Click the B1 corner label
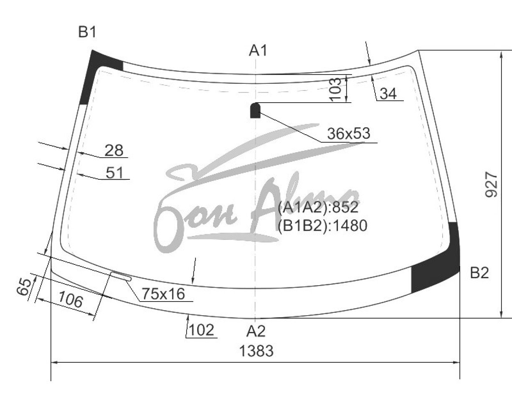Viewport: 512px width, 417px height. tap(87, 32)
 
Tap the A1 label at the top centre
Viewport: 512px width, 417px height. tap(258, 51)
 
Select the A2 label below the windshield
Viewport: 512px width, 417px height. tap(256, 331)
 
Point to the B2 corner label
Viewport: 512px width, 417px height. tap(479, 273)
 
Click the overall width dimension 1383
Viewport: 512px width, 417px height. tap(256, 351)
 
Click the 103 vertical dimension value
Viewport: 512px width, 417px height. tap(335, 89)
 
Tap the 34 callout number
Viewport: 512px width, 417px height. tap(388, 93)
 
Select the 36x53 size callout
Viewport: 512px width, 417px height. tap(349, 133)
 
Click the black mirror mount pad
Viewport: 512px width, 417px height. tap(255, 111)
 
